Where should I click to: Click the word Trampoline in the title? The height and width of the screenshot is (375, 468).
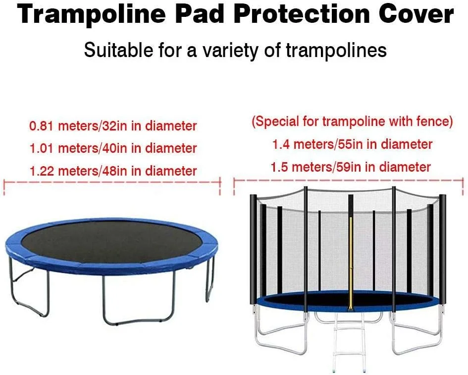point(91,14)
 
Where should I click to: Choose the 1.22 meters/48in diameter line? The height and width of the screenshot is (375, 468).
point(113,171)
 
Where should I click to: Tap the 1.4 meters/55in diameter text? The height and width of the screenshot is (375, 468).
point(352,144)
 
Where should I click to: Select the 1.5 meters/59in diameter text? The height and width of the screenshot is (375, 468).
point(351,167)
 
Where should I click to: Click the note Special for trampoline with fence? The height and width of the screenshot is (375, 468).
point(352,122)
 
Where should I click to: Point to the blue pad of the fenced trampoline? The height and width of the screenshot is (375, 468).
point(346,303)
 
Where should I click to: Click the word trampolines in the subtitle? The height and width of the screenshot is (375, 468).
point(336,50)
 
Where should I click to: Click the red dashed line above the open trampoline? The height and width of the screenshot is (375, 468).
point(112,182)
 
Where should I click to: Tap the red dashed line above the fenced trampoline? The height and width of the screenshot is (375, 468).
point(349,181)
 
